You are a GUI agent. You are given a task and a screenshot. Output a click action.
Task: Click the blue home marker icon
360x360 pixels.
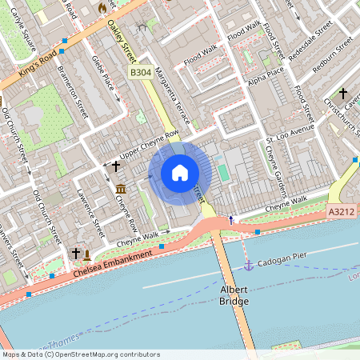point(180,172)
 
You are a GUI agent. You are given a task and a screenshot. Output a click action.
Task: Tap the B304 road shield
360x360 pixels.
point(141,73)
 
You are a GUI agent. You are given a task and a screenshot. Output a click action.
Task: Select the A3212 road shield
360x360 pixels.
point(342,212)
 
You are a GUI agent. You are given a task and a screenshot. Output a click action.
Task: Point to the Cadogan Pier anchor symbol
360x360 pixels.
point(248,264)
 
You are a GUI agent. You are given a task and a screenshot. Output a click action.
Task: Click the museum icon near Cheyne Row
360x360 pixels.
point(120,188)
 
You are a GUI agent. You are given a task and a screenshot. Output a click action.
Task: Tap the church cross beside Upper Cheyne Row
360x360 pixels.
point(116,166)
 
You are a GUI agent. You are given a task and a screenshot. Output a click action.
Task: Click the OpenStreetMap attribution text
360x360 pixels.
point(80,354)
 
